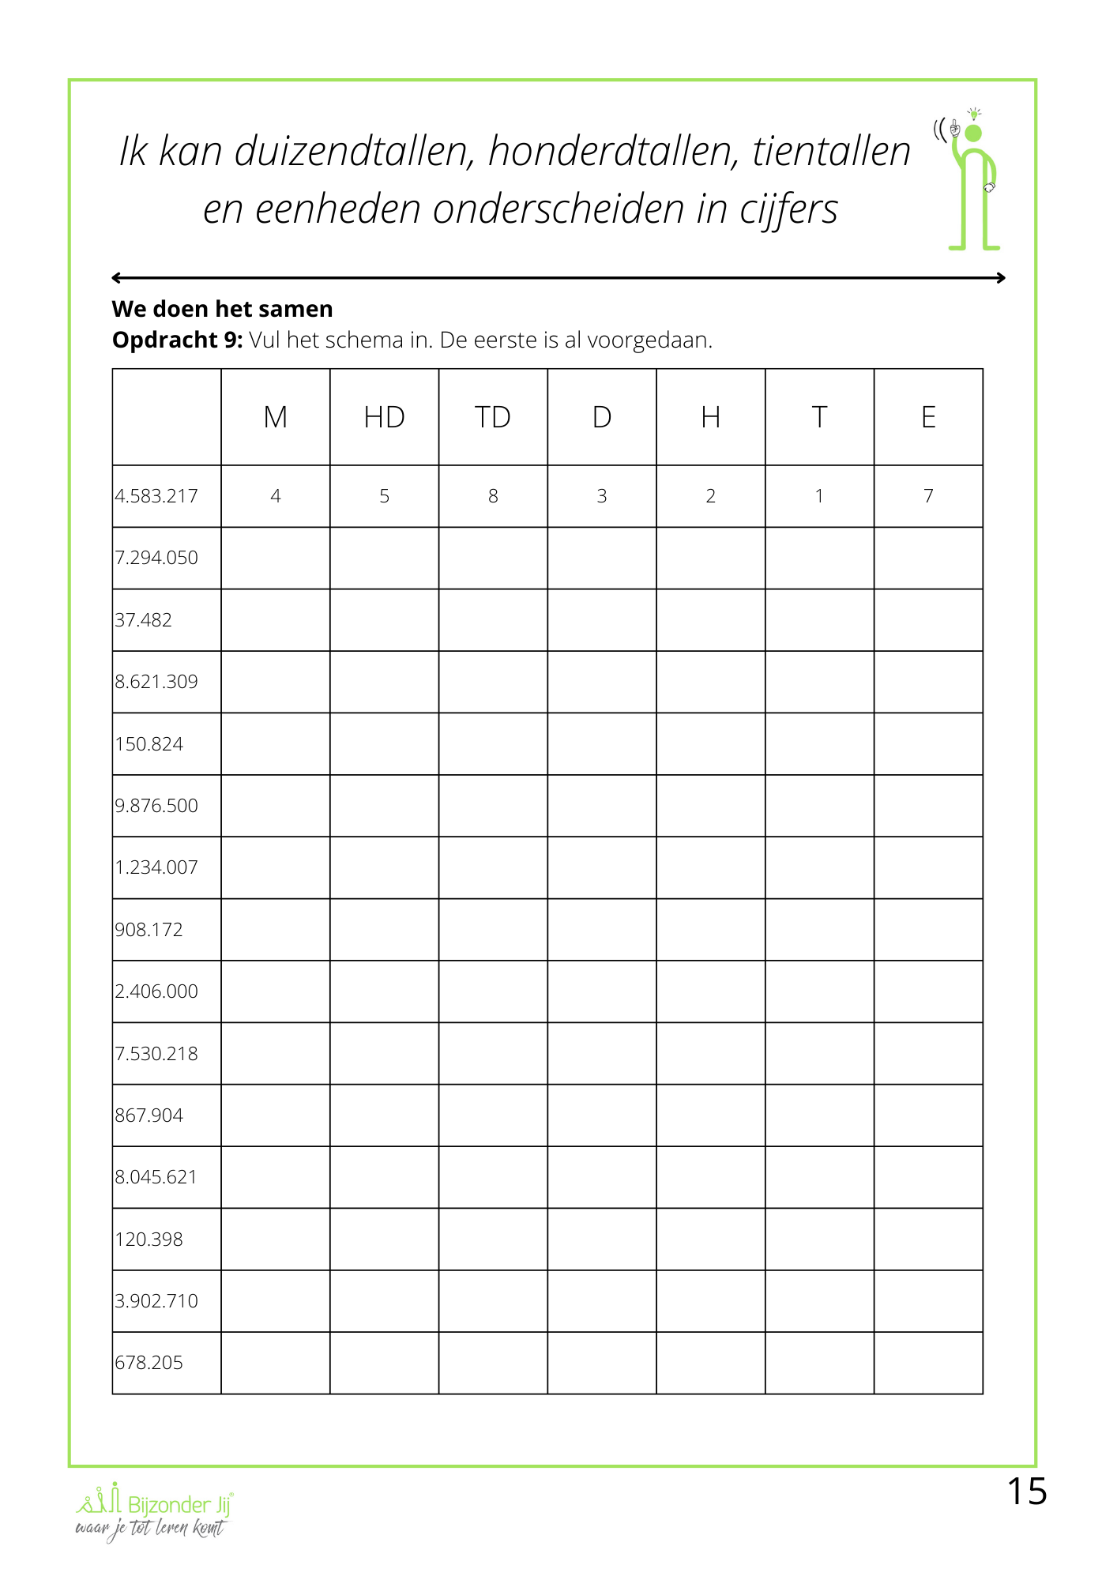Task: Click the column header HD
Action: point(384,417)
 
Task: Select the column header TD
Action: point(493,417)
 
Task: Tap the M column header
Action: point(275,417)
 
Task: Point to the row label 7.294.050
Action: point(156,558)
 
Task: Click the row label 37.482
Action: point(144,620)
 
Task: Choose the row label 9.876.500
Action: point(156,806)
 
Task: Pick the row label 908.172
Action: point(149,930)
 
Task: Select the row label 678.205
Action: point(149,1363)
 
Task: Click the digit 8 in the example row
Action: point(493,496)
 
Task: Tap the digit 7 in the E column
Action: point(928,496)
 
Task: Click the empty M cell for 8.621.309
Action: point(275,682)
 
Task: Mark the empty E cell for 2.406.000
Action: point(928,991)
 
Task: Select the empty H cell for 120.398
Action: point(710,1240)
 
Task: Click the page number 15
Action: point(1026,1492)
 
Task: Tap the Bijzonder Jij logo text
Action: point(179,1504)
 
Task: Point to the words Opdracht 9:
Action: point(178,340)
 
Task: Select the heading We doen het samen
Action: point(222,309)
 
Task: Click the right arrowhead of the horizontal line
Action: point(1001,277)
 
